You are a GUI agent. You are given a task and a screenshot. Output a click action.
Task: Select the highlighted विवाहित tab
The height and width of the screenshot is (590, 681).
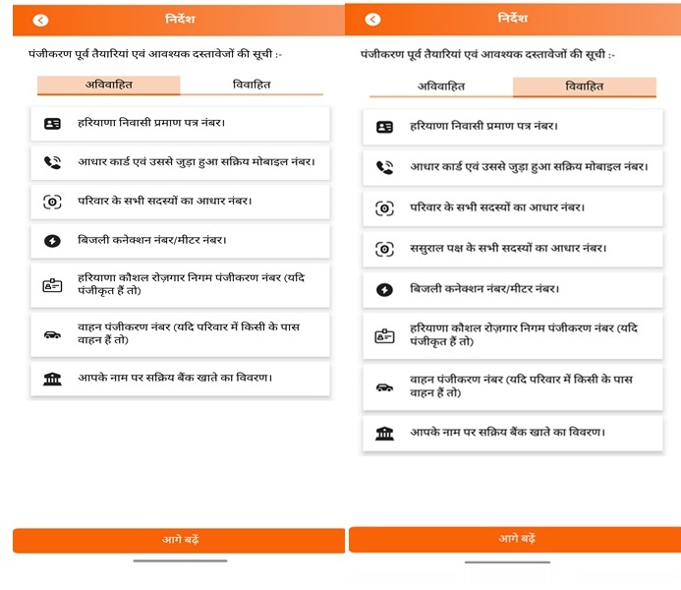[584, 87]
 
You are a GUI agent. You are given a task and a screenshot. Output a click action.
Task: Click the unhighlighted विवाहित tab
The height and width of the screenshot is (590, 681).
[252, 85]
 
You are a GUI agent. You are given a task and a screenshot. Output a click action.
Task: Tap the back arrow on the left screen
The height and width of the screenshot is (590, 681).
[40, 20]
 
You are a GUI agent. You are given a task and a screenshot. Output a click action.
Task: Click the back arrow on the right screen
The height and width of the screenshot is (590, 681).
[372, 20]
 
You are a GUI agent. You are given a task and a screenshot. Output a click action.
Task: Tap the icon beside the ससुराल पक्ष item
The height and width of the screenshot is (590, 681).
[384, 250]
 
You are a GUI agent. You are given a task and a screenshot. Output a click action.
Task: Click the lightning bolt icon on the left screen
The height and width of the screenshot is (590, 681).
[52, 240]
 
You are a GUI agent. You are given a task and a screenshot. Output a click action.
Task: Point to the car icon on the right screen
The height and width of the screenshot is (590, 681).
[384, 386]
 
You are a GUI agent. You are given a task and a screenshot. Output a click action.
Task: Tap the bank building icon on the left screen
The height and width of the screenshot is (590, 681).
[52, 379]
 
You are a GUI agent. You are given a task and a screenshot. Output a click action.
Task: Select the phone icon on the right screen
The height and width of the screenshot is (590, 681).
[384, 167]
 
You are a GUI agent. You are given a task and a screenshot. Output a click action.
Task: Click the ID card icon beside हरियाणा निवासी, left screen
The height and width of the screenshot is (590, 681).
[52, 124]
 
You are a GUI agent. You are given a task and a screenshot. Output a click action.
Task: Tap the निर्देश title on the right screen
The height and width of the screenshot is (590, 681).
[512, 19]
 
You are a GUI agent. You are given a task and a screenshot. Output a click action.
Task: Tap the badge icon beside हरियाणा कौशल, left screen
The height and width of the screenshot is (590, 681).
[52, 286]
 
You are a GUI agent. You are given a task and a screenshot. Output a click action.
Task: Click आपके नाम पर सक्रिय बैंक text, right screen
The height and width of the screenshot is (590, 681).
[506, 433]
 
